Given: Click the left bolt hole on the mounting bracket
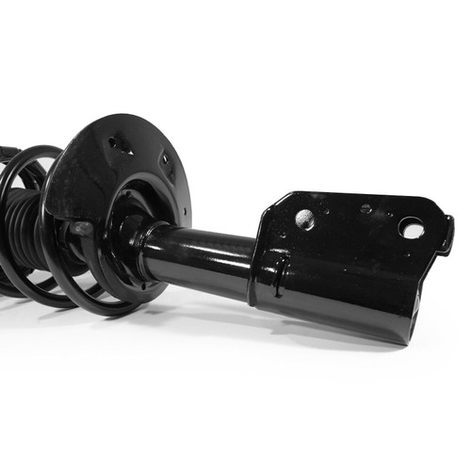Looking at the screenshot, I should tap(305, 219).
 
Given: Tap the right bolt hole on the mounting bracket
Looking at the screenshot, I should tap(411, 227).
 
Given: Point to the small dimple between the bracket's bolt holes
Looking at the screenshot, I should tap(365, 208).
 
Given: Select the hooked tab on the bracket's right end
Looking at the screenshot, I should tap(446, 235).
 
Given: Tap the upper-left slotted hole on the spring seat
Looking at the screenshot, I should tap(121, 144).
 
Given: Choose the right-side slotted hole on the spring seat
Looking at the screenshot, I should tap(166, 162).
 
